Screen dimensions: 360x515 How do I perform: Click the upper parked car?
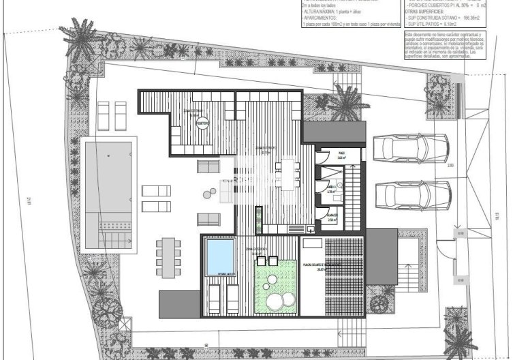pos(411,146)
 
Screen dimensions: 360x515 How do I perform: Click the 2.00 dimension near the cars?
pos(450,165)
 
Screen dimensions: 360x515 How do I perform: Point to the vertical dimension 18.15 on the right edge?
pos(499,215)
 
